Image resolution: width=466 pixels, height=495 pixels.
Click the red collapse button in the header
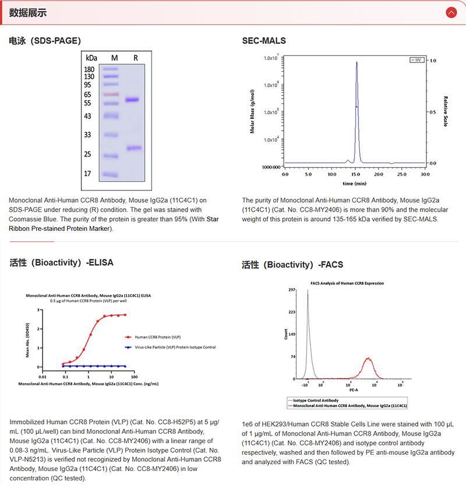click(451, 12)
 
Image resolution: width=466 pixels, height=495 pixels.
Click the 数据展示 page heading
click(28, 12)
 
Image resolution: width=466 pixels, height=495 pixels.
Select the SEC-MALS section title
click(264, 41)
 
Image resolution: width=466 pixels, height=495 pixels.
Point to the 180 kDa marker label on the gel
click(90, 69)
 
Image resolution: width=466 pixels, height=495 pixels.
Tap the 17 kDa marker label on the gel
click(88, 173)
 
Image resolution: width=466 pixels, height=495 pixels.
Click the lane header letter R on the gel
click(136, 58)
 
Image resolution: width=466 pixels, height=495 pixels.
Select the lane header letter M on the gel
click(115, 58)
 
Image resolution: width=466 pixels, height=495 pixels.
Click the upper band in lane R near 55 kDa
click(133, 100)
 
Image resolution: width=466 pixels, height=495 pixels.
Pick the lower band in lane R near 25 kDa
click(135, 148)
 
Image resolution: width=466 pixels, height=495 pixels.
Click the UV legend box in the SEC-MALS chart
click(416, 59)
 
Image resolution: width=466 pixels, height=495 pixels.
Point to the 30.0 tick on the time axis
click(425, 174)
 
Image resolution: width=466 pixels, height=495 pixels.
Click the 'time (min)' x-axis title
click(355, 183)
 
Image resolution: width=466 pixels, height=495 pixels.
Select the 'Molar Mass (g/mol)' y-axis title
click(253, 111)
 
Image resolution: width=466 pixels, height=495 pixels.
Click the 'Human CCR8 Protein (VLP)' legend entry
click(156, 337)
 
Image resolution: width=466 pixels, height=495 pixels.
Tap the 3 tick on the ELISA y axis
click(38, 310)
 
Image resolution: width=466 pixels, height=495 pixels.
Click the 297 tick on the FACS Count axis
click(292, 290)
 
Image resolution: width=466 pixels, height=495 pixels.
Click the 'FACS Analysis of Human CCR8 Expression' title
click(347, 283)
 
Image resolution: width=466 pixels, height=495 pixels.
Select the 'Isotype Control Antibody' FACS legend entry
click(315, 400)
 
